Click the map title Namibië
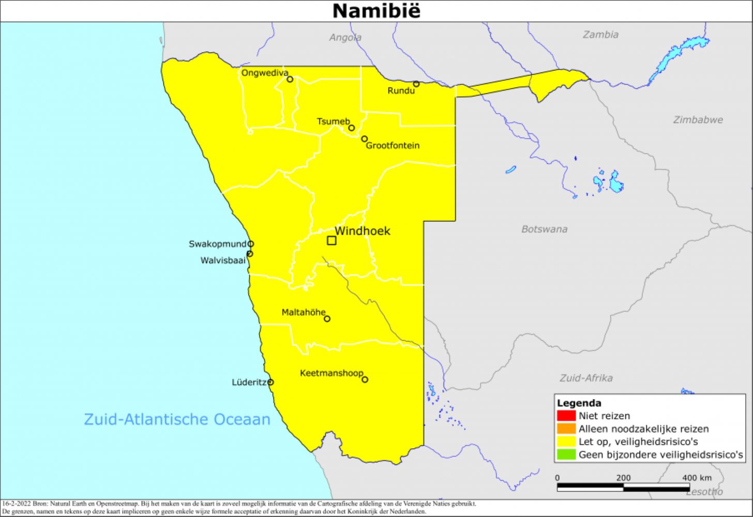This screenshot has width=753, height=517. [x=376, y=11]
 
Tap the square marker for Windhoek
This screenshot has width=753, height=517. [x=332, y=240]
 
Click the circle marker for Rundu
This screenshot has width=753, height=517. [x=416, y=84]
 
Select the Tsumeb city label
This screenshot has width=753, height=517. [x=333, y=121]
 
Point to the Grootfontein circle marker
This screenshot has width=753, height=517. [x=364, y=139]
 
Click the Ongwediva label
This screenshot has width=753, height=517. [x=264, y=73]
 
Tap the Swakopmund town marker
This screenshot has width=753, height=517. [x=251, y=244]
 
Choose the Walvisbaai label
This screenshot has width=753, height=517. [x=223, y=261]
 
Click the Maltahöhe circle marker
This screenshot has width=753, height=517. [x=327, y=319]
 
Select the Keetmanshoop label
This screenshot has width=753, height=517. [x=331, y=373]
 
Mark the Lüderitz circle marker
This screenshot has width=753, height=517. [x=270, y=383]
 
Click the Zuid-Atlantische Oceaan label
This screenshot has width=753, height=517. [x=177, y=419]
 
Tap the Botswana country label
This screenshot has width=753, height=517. [x=544, y=229]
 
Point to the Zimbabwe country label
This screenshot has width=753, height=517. [x=698, y=120]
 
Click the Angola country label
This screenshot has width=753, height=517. [x=345, y=38]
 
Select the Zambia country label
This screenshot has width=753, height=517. [x=600, y=35]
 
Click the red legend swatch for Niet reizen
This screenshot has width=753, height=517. [x=566, y=416]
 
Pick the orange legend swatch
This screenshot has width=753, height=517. [x=566, y=429]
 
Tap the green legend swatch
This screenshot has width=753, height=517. [x=566, y=455]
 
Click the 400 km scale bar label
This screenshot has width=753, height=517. [x=696, y=478]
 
